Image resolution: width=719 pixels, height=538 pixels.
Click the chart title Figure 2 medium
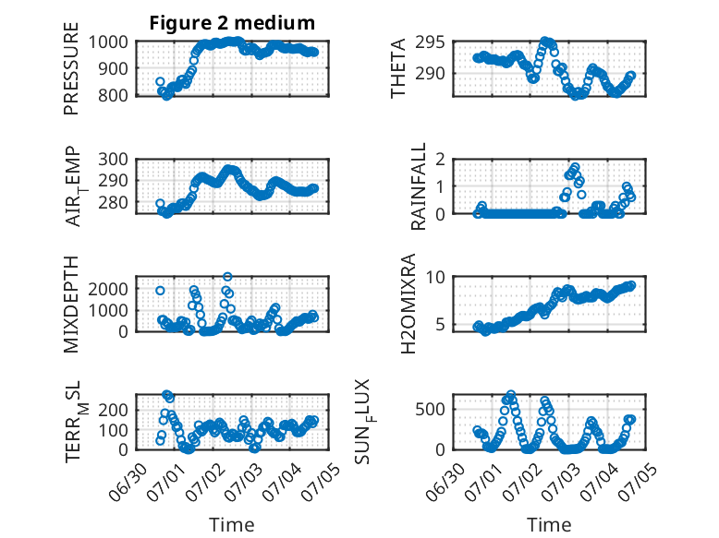tap(232, 23)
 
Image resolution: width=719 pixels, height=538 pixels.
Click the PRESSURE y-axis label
tap(71, 68)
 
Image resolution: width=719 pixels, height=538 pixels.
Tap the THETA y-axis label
tap(398, 68)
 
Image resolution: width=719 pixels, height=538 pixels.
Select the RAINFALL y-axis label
tap(419, 186)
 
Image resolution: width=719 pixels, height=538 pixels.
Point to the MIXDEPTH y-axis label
tap(71, 305)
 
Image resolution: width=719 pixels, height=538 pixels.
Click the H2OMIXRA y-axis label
tap(408, 304)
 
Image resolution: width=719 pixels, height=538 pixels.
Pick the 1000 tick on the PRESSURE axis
tap(108, 42)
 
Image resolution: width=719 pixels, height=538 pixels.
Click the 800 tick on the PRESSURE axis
tap(113, 95)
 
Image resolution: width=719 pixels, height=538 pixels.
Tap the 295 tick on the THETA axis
tap(430, 42)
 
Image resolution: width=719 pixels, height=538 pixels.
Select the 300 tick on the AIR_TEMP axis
tap(113, 160)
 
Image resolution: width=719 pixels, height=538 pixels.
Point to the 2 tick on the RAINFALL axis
tap(441, 160)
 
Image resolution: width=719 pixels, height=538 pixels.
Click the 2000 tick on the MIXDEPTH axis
tap(108, 289)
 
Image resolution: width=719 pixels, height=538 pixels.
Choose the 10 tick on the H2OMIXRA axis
tap(435, 277)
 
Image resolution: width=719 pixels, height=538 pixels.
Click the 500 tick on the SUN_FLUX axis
tap(430, 409)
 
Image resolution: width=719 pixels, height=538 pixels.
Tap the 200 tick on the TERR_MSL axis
tap(113, 410)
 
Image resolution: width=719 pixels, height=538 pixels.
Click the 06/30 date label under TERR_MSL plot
tap(128, 482)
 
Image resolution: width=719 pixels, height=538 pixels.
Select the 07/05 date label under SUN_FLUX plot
tap(637, 482)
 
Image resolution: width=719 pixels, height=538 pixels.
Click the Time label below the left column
tap(232, 524)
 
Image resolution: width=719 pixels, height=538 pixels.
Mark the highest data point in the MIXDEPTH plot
tap(227, 277)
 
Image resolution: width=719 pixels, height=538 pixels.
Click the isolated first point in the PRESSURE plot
tap(160, 82)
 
